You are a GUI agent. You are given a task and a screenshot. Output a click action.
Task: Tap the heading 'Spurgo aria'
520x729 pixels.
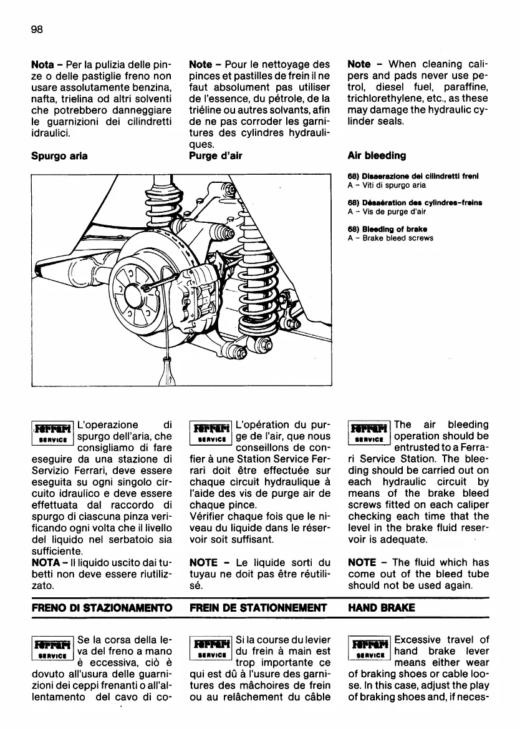tap(59, 155)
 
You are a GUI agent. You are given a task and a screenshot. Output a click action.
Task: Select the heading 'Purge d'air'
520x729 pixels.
tap(215, 155)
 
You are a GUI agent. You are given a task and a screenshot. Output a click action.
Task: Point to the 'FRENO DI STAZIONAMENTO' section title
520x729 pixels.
tap(101, 607)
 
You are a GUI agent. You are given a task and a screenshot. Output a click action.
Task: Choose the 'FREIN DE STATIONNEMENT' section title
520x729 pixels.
tap(258, 607)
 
